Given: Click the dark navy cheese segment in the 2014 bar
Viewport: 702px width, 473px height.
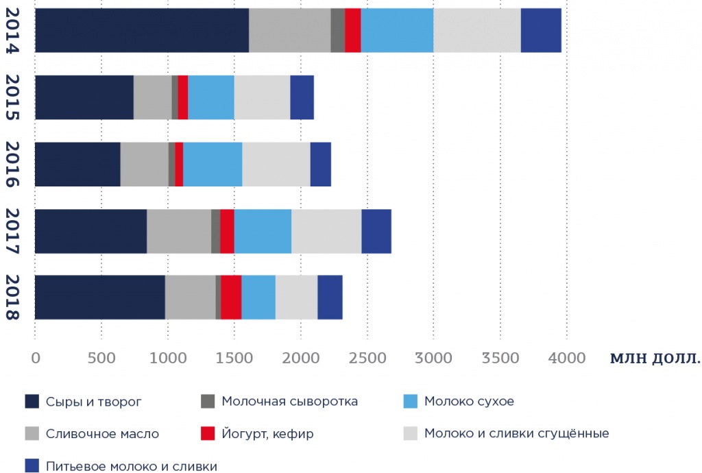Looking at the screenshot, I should [141, 30].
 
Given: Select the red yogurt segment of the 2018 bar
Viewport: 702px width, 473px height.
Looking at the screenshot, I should [231, 297].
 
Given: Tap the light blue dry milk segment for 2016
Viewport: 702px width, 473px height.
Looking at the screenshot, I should [213, 164].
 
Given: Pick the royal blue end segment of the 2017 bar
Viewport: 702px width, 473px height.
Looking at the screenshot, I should [376, 231].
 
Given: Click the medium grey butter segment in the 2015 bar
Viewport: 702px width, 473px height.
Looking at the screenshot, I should [152, 97].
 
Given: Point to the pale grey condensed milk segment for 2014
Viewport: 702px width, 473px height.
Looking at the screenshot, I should [476, 30].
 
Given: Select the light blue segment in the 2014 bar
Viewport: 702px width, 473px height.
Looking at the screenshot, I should [397, 30].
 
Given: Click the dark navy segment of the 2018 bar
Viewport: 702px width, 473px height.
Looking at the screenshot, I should [100, 297].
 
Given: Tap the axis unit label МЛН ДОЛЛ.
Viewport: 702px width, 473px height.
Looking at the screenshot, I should [655, 358].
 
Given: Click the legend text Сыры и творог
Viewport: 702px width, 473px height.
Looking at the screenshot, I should [94, 401].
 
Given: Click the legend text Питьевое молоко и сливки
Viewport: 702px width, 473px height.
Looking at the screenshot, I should [132, 467].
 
